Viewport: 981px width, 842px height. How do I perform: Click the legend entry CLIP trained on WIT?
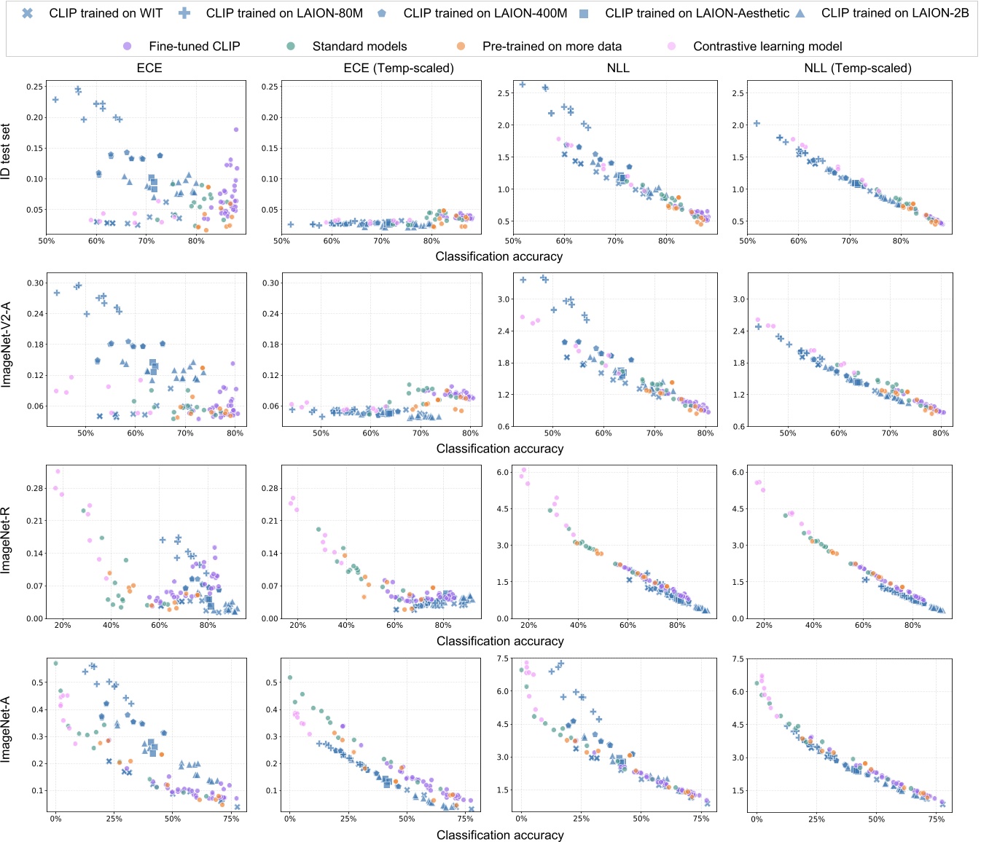106,13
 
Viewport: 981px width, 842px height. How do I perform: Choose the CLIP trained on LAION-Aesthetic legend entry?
697,13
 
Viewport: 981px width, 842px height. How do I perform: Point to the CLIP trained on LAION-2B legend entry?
895,13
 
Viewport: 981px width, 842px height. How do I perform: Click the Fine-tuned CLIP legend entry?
194,47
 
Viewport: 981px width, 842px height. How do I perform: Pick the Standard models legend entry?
359,47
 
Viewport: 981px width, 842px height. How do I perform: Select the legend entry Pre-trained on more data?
552,47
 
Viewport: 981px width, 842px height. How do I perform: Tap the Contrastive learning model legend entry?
767,47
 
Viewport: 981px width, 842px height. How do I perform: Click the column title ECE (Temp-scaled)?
399,68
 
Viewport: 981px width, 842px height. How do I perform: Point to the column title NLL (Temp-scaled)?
858,68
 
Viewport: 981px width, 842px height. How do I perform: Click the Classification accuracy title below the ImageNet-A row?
500,835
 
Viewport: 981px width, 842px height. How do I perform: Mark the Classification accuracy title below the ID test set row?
499,256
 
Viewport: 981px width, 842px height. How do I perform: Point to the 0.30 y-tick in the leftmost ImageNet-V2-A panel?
35,283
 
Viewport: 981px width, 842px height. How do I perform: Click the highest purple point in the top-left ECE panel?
236,130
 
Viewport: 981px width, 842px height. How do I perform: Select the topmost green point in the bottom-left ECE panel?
55,664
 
